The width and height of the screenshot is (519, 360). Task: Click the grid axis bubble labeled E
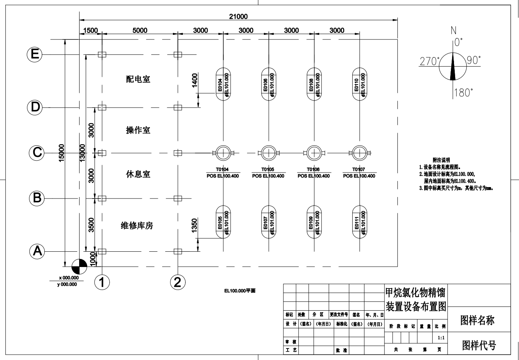(35, 54)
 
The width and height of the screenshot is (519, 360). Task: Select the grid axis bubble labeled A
(37, 251)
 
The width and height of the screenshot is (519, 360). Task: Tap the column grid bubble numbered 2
(177, 282)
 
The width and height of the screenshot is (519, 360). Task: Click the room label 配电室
(138, 79)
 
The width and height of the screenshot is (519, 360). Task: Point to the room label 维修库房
(137, 226)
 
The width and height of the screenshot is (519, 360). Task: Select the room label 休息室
(138, 174)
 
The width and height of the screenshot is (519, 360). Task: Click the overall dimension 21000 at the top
(238, 16)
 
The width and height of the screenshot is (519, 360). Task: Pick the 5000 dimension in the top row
(140, 31)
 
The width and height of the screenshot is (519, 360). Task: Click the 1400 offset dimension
(195, 80)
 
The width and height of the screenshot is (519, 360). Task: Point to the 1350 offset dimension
(194, 225)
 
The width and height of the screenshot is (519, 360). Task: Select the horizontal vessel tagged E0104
(223, 84)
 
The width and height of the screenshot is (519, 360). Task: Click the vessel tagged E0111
(360, 222)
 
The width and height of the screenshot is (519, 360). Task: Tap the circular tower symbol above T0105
(268, 153)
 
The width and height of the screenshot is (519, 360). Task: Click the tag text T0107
(358, 169)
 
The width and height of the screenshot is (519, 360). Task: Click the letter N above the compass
(454, 30)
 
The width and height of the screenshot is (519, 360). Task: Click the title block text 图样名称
(477, 320)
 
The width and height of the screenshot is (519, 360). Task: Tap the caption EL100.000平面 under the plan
(240, 291)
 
